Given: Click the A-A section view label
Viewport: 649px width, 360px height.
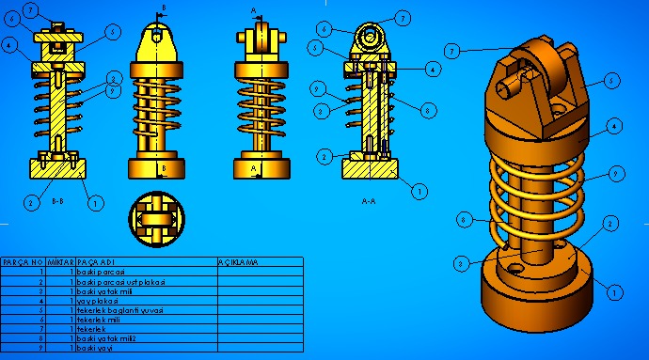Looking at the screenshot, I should coord(371,200).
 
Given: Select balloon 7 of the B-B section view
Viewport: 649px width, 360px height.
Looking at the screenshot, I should coord(30,10).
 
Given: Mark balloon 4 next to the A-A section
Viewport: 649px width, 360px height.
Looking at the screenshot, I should coord(432,68).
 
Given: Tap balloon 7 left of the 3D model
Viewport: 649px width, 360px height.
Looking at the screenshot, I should coord(452,51).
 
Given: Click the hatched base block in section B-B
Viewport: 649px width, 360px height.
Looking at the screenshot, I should coord(58,169).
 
